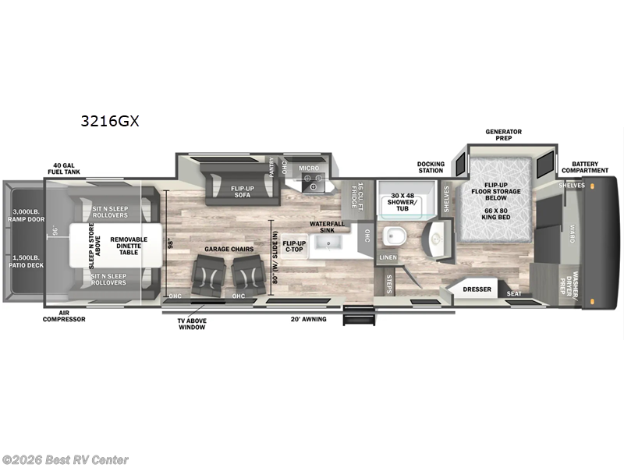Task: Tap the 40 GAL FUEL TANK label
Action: (68, 169)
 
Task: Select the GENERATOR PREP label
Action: (503, 135)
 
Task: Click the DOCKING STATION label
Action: (430, 168)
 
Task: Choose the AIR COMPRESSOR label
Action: (65, 319)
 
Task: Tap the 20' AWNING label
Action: (308, 319)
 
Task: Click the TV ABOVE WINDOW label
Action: (190, 323)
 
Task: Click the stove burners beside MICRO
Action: (314, 183)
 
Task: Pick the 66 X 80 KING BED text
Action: (490, 214)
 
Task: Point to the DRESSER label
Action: (477, 289)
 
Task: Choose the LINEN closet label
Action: (388, 257)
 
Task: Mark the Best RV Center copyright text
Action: (66, 460)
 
